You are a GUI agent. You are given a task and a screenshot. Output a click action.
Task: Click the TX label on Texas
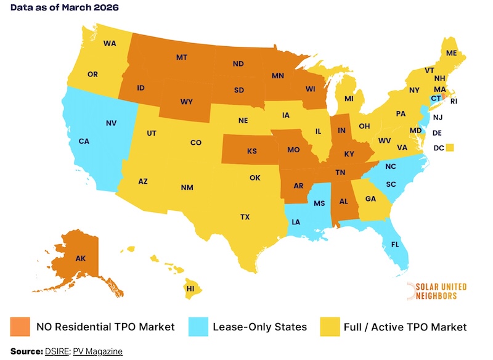(x=245, y=216)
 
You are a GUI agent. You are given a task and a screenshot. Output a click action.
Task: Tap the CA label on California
(x=84, y=141)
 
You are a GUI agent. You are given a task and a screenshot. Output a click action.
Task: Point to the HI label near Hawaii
(x=191, y=288)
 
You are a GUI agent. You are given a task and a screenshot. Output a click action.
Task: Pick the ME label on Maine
(x=451, y=54)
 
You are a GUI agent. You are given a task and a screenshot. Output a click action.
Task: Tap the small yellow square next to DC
(x=450, y=147)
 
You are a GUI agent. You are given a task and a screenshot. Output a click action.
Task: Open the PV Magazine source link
(x=97, y=351)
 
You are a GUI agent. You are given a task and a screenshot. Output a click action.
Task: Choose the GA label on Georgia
(x=370, y=198)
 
